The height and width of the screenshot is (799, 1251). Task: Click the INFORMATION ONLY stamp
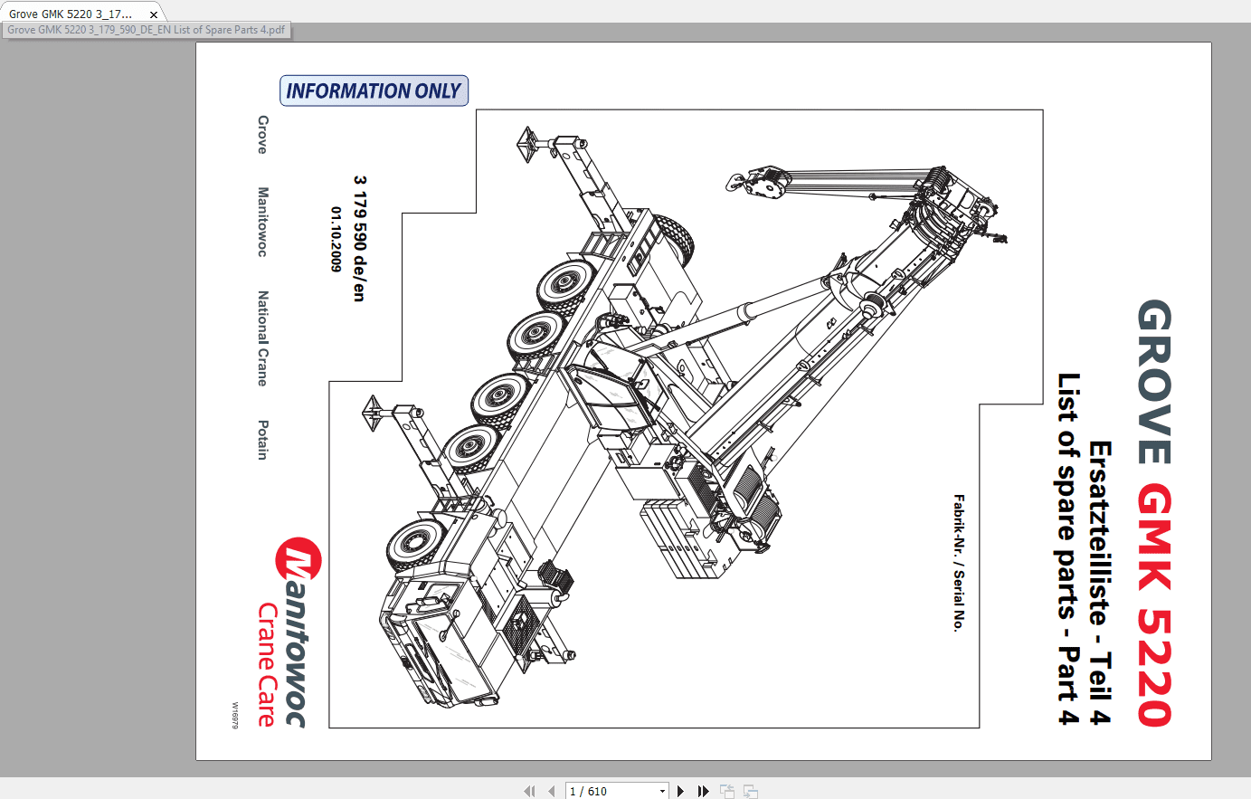[374, 90]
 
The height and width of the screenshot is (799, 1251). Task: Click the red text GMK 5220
[1155, 604]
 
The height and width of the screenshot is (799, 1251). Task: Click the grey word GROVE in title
[1155, 382]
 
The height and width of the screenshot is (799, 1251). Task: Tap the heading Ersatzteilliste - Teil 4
[1100, 583]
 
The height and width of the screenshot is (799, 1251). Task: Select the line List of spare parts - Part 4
[1069, 548]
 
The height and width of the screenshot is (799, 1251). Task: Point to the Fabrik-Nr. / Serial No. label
[959, 563]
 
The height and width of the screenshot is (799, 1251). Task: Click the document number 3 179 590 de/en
[359, 238]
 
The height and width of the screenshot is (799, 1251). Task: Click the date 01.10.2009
[336, 239]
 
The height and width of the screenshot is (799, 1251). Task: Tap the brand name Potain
[262, 440]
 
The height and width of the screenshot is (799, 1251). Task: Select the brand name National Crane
[262, 338]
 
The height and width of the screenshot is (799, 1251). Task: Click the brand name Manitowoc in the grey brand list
[262, 222]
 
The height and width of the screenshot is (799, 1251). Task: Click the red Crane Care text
[266, 665]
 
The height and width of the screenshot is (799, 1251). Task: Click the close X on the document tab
[154, 14]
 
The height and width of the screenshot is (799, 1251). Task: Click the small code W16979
[235, 715]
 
